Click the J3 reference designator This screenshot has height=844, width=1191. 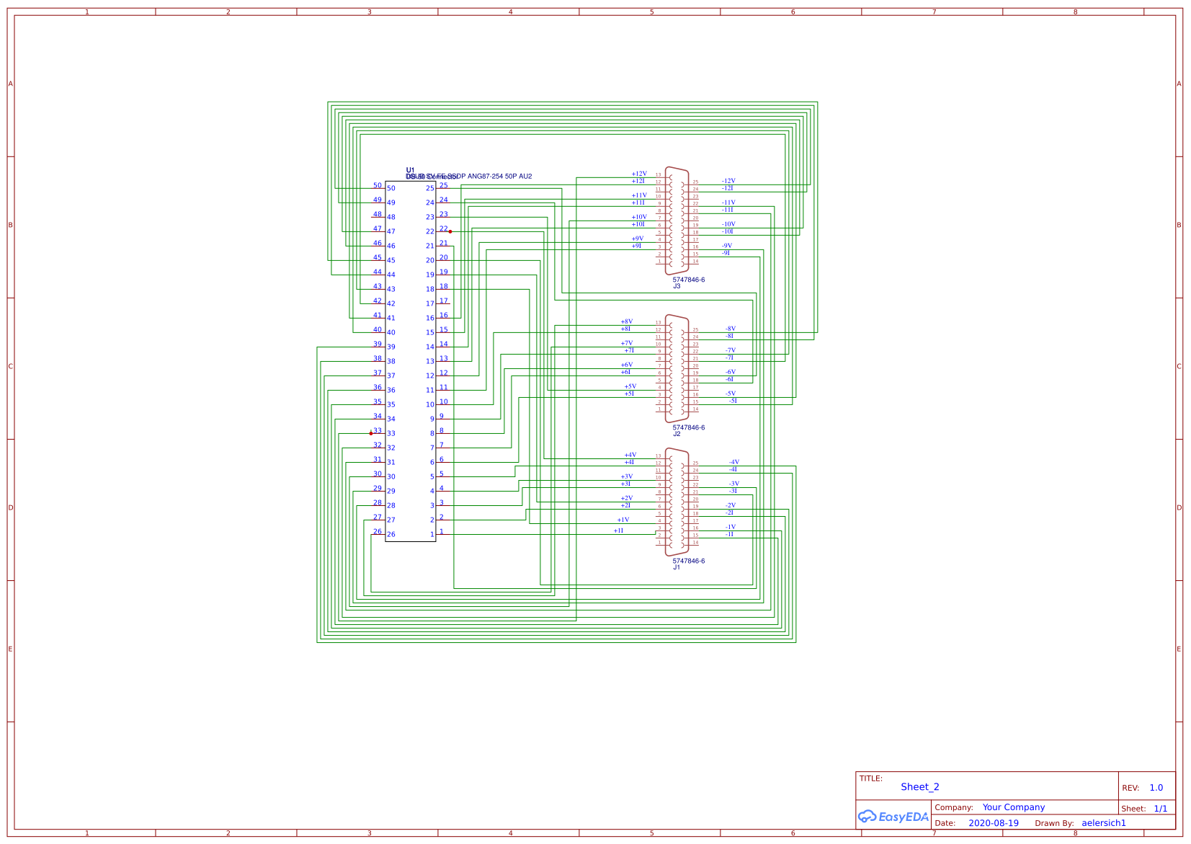[x=677, y=286]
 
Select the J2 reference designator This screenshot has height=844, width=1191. [x=677, y=434]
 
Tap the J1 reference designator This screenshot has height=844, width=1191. [x=677, y=567]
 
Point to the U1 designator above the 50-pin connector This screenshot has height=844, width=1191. [x=410, y=170]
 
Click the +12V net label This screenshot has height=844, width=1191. [x=639, y=174]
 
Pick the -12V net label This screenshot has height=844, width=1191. [x=728, y=181]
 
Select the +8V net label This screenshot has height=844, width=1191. [x=627, y=321]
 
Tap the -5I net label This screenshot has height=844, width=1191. [x=733, y=401]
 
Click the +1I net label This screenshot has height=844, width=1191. [x=618, y=530]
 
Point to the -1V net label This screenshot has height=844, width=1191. [x=731, y=527]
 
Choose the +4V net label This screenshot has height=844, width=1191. [x=630, y=455]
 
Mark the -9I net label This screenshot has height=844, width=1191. [x=726, y=253]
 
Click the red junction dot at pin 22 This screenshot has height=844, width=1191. [x=450, y=231]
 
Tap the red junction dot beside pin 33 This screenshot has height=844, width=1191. [x=371, y=433]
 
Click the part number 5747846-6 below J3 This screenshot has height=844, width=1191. [x=689, y=280]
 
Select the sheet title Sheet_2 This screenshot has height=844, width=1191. [x=919, y=787]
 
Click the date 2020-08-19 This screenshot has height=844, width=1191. [x=993, y=823]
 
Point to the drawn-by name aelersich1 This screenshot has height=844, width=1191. [x=1103, y=823]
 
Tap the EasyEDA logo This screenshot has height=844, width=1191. [x=893, y=817]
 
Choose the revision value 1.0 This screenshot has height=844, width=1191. [x=1156, y=788]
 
